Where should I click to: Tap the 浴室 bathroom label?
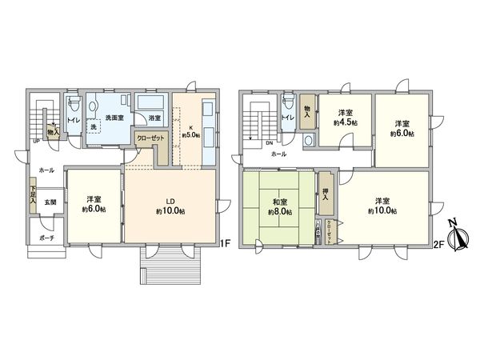point(150,117)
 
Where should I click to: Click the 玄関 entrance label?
point(49,202)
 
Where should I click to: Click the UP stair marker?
point(36,142)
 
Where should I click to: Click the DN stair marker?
point(269,144)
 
